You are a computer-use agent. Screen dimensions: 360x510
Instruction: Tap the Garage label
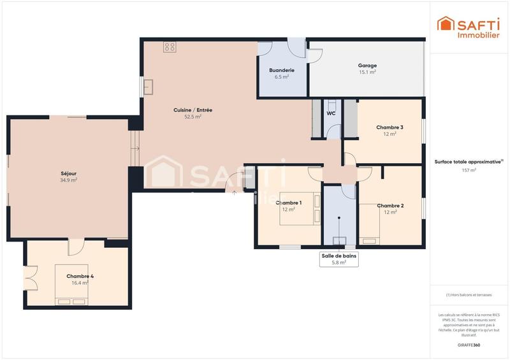click(367, 65)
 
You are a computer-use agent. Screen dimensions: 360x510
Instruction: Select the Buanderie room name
click(281, 70)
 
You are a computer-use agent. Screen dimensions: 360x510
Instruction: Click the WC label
click(331, 113)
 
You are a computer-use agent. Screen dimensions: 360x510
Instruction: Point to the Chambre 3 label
click(390, 127)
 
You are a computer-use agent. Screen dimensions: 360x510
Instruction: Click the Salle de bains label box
click(339, 259)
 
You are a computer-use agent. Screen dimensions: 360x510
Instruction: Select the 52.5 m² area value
click(193, 117)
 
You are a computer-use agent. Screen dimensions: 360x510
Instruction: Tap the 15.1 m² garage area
click(367, 73)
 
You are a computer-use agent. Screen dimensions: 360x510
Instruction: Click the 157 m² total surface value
click(469, 171)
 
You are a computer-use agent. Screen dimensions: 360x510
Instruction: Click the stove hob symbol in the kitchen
click(170, 47)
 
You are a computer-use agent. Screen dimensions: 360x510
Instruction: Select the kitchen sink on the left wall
click(149, 86)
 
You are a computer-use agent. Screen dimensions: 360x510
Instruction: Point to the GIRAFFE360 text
click(469, 345)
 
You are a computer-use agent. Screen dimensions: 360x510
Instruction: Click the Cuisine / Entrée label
click(193, 110)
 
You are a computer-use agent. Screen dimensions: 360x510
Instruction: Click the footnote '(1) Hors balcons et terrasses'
click(469, 294)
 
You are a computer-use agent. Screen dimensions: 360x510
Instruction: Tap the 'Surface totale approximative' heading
click(469, 162)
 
